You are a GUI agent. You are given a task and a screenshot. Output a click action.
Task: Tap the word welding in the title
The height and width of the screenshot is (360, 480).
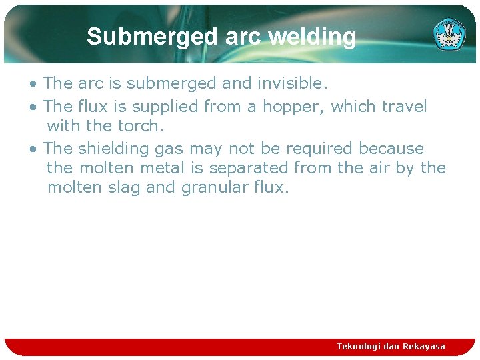tap(312, 37)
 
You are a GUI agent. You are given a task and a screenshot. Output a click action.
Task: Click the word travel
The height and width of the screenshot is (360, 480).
tap(402, 107)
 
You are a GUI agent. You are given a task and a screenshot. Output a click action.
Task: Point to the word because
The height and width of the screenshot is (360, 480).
tap(391, 148)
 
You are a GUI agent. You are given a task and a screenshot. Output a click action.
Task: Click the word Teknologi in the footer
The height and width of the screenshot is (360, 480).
tap(359, 346)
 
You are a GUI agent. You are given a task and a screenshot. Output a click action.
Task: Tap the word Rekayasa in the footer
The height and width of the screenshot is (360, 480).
tap(424, 346)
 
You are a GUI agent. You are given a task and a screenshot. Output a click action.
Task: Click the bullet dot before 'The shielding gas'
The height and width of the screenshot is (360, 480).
tap(33, 149)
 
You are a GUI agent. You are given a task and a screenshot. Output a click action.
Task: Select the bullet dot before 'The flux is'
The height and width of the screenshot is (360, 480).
tap(33, 107)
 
